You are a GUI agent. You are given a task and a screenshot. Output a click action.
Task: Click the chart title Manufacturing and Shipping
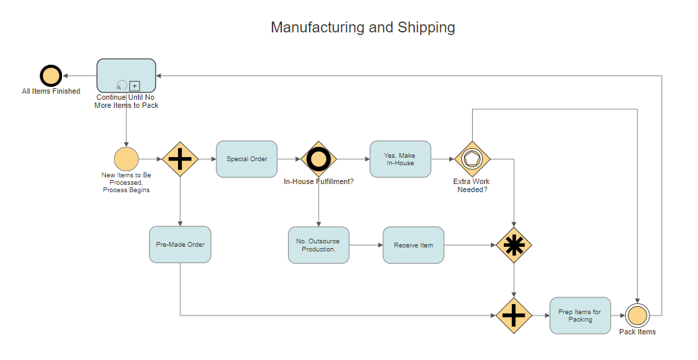click(363, 28)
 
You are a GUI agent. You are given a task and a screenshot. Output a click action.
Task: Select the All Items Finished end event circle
click(51, 75)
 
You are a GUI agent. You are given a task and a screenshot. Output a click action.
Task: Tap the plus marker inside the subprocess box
click(134, 86)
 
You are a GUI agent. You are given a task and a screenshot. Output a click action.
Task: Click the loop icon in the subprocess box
click(121, 86)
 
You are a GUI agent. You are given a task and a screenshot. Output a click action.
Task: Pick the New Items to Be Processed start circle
click(126, 160)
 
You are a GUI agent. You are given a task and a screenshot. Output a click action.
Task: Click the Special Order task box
click(247, 159)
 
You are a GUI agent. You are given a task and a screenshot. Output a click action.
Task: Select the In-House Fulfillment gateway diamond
click(318, 159)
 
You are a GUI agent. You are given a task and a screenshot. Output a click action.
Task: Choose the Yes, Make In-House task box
click(400, 159)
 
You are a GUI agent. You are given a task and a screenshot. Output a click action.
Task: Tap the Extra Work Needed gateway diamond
click(472, 159)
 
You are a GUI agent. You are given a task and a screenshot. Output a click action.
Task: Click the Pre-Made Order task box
click(180, 244)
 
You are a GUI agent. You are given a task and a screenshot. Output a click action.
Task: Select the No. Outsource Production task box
click(318, 245)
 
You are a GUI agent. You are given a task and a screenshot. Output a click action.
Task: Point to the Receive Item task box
click(413, 245)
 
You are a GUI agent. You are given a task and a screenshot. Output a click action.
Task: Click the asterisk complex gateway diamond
click(514, 245)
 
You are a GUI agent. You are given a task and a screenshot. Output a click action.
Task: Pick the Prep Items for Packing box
click(580, 315)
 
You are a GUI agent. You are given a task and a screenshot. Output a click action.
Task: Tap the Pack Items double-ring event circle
click(637, 315)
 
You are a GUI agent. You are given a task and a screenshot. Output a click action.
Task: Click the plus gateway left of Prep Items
click(514, 315)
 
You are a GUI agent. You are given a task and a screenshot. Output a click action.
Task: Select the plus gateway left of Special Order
click(180, 159)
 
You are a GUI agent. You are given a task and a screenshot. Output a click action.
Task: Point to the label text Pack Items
click(637, 332)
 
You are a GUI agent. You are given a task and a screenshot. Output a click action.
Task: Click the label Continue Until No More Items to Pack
click(126, 101)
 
